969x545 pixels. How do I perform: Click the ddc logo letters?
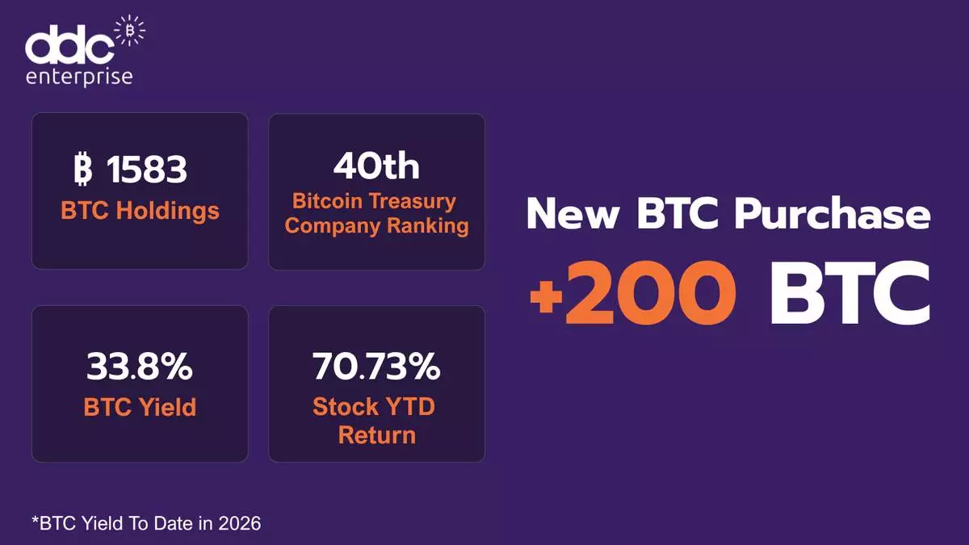pos(69,44)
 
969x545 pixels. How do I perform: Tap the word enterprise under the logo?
pos(79,78)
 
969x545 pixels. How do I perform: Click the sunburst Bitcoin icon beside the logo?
pos(129,31)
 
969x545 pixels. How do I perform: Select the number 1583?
pos(147,169)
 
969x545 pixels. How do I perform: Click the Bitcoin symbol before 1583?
pos(82,169)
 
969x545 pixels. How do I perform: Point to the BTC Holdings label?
pos(140,211)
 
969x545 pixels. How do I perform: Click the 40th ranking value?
pos(376,166)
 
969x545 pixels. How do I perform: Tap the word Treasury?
pos(413,202)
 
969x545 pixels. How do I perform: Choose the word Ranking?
pos(428,225)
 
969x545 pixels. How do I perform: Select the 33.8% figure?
pos(139,367)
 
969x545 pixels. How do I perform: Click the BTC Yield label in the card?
pos(140,407)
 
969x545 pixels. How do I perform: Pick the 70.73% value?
pos(376,367)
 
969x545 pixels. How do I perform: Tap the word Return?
pos(377,434)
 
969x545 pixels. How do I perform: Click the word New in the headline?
pos(573,213)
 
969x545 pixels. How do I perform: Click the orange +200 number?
pos(632,294)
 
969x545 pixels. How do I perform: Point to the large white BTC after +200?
pos(850,294)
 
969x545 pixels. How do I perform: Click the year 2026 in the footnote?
pos(240,523)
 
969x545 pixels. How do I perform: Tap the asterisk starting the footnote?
pos(35,519)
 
